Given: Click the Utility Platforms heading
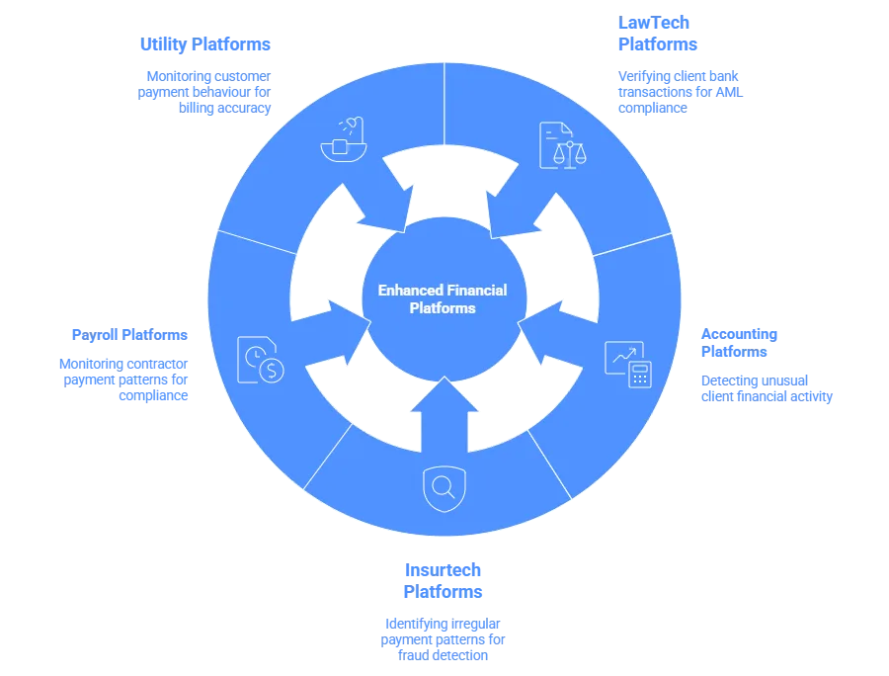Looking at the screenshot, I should [205, 43].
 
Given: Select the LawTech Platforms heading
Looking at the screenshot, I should [657, 34].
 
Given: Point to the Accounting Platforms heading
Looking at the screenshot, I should [740, 342].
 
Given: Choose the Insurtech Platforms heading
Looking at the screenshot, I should [444, 581].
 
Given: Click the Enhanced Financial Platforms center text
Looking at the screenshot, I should [443, 298].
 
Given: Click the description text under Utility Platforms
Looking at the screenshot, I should [208, 93].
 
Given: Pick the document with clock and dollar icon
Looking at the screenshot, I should [262, 362].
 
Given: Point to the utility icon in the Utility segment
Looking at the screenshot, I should [343, 140].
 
